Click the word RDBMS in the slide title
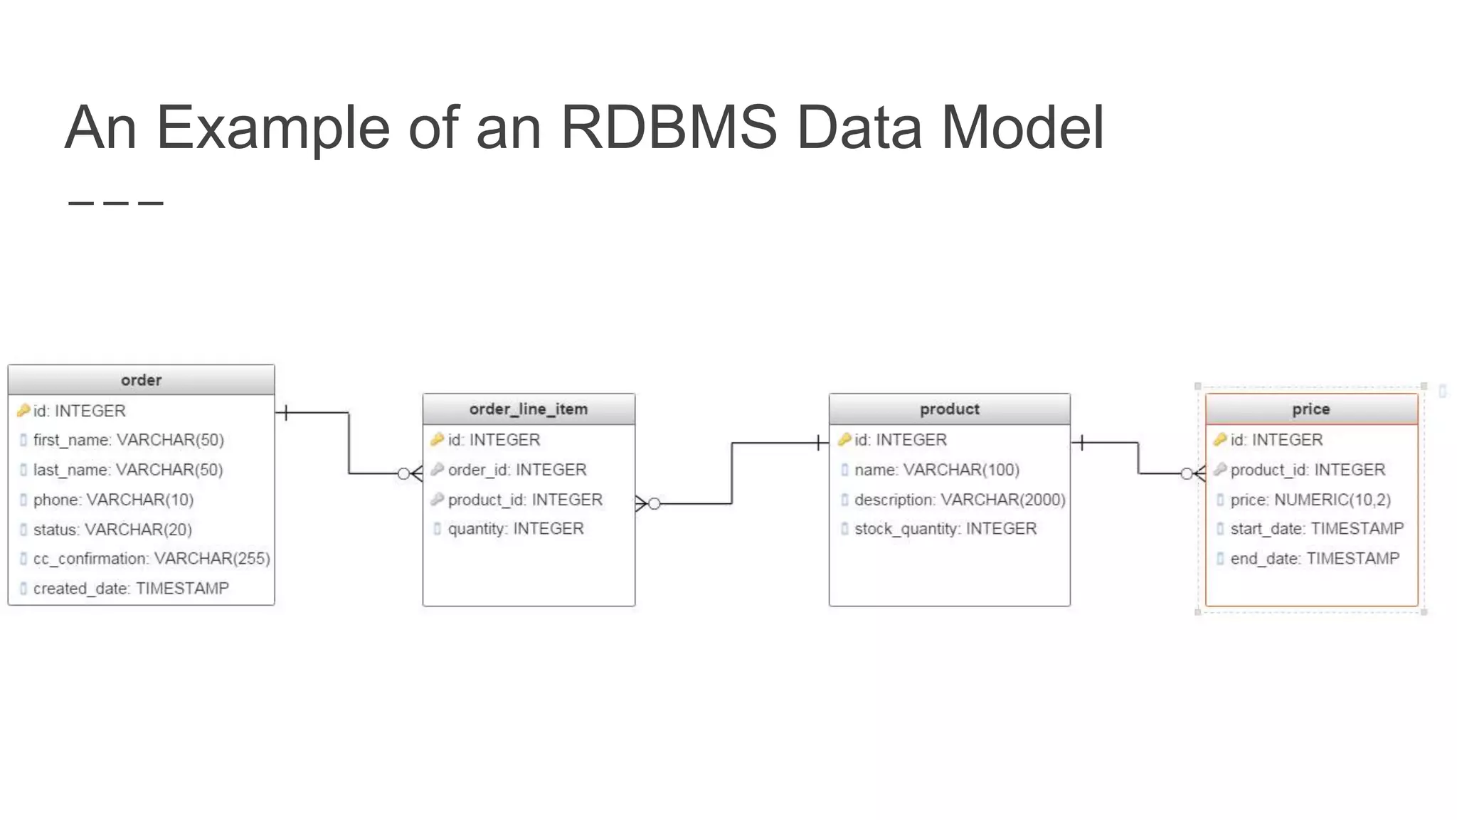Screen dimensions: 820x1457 pos(669,128)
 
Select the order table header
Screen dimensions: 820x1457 pos(141,380)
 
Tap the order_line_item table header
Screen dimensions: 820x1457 pos(529,409)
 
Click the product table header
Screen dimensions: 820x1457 pos(949,409)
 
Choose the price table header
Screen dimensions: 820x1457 pos(1310,409)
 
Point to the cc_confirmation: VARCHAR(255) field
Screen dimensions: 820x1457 pos(152,559)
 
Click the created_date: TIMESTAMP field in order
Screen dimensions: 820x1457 pos(131,589)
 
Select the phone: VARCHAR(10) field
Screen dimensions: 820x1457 pos(113,500)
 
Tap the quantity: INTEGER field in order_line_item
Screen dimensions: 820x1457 pos(516,529)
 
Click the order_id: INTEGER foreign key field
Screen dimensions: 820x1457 pos(517,470)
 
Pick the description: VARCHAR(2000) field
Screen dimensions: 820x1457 pos(960,500)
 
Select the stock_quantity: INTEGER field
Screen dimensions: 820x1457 pos(945,529)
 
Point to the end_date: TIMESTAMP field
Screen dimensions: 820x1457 pos(1315,559)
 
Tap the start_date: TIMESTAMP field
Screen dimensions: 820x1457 pos(1317,529)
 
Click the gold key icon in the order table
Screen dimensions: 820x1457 pos(23,411)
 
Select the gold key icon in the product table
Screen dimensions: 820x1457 pos(844,440)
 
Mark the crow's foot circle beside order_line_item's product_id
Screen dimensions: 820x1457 pos(654,504)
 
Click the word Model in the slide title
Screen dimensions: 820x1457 pos(1023,128)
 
